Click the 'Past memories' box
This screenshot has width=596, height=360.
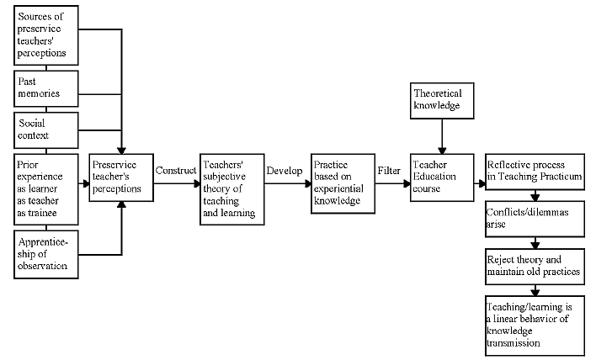(x=46, y=88)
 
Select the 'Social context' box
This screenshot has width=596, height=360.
(x=46, y=130)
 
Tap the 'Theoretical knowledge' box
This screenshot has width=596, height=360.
(x=442, y=101)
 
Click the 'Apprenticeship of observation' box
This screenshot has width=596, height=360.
(x=46, y=254)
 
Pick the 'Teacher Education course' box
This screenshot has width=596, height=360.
(x=442, y=177)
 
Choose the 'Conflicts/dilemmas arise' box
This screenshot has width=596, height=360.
(x=535, y=220)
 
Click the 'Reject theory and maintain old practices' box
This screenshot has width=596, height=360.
(x=535, y=267)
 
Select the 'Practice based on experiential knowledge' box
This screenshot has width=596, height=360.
(x=343, y=183)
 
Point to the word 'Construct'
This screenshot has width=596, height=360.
(x=176, y=171)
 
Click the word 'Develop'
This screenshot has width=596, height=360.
(x=285, y=171)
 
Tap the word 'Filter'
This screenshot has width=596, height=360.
(x=389, y=171)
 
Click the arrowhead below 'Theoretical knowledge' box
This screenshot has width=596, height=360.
(x=442, y=151)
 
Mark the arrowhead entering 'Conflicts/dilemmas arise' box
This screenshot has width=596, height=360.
(x=535, y=198)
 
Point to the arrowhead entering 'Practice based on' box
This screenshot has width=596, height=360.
(x=308, y=184)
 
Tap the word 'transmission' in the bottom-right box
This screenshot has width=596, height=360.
(x=514, y=343)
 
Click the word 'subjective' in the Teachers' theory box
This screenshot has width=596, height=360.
(x=224, y=177)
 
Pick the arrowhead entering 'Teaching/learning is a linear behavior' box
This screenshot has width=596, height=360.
(x=535, y=293)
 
